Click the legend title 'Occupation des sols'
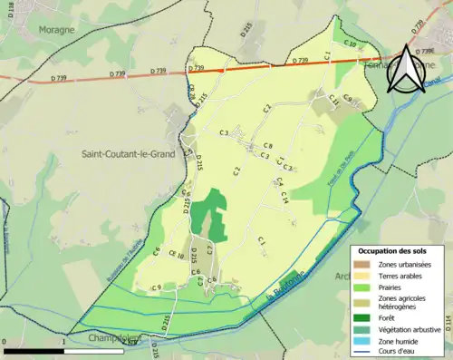tap(397, 250)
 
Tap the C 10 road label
tap(348, 42)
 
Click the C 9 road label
tap(156, 287)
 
